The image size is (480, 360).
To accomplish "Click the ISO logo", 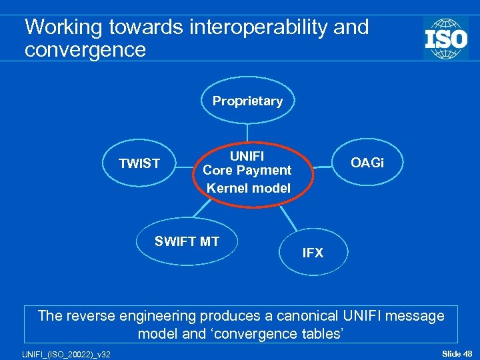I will [445, 38].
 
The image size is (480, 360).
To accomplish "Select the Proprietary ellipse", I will [247, 101].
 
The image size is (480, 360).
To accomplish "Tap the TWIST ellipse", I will [139, 163].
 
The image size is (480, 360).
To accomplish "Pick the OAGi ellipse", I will [367, 163].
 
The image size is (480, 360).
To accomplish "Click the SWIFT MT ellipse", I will [187, 241].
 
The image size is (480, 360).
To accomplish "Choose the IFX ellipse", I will [313, 253].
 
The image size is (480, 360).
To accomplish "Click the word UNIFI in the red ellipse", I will [247, 156].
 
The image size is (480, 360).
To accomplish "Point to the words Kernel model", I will [248, 188].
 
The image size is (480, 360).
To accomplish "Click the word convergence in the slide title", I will [85, 50].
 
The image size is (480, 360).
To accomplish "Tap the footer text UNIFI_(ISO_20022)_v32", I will [57, 352].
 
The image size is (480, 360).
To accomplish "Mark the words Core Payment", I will [247, 171].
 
